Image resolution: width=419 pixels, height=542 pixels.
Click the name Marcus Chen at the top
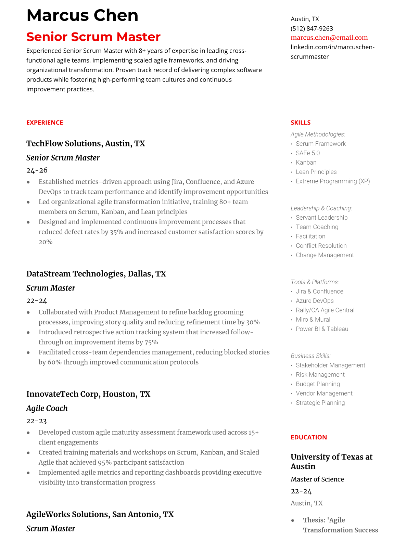coord(82,16)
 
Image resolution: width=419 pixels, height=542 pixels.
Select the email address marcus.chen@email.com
coord(329,38)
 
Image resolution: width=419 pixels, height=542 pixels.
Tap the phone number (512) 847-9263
coord(312,28)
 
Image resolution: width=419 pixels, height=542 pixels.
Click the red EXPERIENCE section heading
coord(45,122)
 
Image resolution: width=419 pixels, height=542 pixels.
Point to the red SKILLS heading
coord(300,122)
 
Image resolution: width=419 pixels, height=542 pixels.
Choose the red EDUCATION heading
coord(308,437)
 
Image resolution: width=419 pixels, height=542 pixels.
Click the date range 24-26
coord(37,170)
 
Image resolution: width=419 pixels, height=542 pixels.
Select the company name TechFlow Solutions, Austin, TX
coord(86,143)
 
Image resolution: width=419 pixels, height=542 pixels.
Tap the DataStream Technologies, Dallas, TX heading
coord(96,274)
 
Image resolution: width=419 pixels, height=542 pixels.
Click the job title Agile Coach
coord(47,408)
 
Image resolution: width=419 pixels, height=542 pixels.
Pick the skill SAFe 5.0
coord(307,153)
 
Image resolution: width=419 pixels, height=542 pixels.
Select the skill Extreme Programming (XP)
coord(332,181)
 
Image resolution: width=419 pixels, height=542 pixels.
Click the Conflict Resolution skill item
coord(321,246)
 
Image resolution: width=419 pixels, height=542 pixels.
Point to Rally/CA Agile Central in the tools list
coord(325,310)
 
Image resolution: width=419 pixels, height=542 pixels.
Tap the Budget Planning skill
coord(317,384)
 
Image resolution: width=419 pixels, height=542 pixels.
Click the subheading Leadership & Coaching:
coord(321,208)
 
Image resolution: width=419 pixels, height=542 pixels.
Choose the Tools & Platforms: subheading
coord(315,282)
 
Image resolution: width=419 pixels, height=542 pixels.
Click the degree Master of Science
coord(317,479)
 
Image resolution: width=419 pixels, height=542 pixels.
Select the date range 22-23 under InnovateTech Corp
coord(36,421)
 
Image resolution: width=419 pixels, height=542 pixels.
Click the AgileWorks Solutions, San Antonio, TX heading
coord(100,514)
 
